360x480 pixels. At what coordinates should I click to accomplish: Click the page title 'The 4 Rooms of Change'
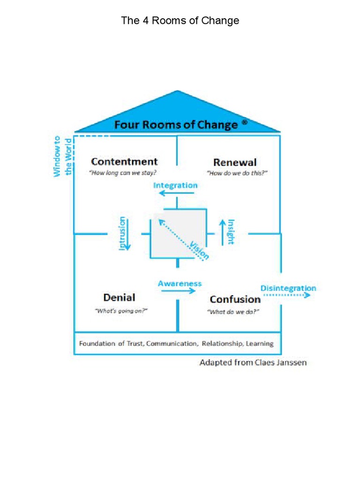[180, 21]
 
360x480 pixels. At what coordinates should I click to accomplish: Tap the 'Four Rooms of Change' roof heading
[176, 125]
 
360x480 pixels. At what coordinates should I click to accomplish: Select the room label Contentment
[124, 162]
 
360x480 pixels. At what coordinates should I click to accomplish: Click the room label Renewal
[235, 162]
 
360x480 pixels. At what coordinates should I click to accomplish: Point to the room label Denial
[119, 297]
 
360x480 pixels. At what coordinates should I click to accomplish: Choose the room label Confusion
[235, 299]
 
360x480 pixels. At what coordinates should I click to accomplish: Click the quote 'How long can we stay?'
[123, 172]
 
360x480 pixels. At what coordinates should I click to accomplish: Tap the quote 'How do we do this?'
[237, 173]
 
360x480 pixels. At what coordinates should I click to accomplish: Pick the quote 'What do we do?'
[233, 312]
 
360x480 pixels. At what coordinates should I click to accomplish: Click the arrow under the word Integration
[175, 193]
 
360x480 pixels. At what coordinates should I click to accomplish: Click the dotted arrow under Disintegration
[286, 295]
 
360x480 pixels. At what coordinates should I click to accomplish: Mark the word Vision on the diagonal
[199, 250]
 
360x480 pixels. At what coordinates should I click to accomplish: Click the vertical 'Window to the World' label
[62, 157]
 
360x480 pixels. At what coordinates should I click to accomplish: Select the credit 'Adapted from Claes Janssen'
[253, 362]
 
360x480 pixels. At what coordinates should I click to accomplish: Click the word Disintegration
[288, 288]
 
